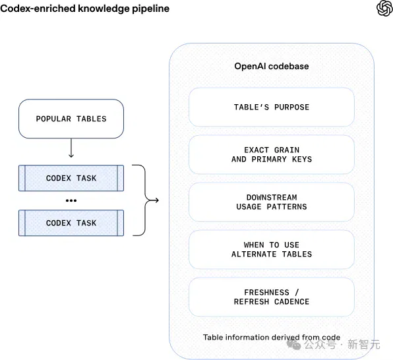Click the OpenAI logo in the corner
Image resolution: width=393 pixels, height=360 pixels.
[384, 9]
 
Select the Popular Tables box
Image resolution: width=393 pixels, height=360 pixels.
[71, 119]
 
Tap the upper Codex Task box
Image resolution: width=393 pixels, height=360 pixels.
[71, 178]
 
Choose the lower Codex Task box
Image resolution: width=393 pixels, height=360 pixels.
[71, 223]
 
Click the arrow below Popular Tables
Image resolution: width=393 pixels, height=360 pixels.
[71, 148]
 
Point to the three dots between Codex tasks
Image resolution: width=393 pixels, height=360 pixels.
[71, 200]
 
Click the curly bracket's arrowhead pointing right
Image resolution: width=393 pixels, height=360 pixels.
[156, 200]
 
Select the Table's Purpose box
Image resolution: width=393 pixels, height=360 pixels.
[272, 107]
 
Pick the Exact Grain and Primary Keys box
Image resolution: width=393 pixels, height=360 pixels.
[272, 154]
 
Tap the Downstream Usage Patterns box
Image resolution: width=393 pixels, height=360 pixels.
[272, 202]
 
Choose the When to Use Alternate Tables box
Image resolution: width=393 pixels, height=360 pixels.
[272, 249]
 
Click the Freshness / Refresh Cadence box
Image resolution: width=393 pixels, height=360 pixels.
[272, 297]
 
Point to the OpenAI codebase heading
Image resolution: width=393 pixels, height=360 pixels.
[272, 66]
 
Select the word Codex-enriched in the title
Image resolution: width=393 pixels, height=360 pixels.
[38, 9]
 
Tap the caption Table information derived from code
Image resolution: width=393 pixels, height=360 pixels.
[272, 337]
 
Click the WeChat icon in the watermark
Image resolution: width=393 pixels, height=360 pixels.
[293, 344]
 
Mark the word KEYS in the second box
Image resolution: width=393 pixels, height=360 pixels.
[302, 159]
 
